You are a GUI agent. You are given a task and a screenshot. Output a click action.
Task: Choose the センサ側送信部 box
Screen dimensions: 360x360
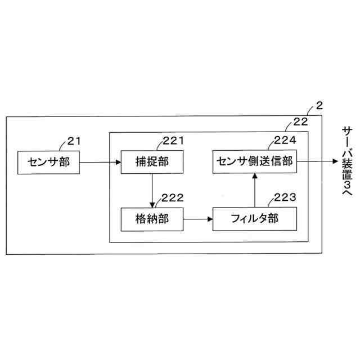[x=254, y=162]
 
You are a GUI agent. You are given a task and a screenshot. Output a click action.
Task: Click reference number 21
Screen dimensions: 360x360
[x=74, y=141]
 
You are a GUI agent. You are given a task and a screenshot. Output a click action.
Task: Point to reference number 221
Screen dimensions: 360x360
[x=173, y=141]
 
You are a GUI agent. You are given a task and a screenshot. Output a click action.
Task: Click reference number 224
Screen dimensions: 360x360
[x=285, y=141]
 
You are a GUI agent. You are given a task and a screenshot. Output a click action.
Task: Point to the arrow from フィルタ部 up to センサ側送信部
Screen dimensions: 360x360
[x=254, y=191]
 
